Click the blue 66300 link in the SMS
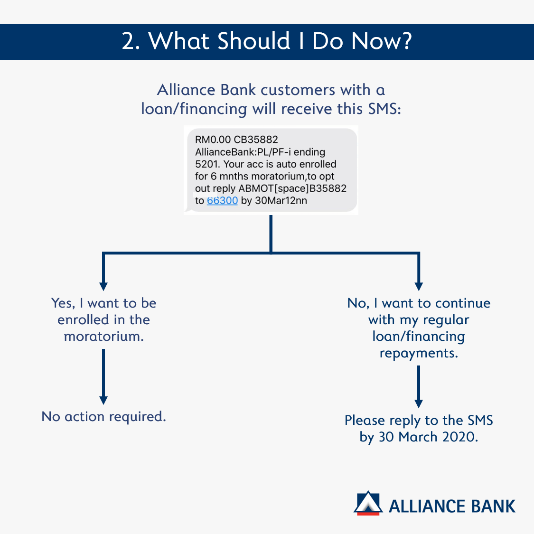(222, 201)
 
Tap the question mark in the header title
(406, 41)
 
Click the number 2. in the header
(131, 41)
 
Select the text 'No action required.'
(103, 416)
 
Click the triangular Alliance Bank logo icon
(368, 503)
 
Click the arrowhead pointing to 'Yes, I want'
(103, 286)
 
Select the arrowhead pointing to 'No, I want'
(419, 286)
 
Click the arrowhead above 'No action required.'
(103, 401)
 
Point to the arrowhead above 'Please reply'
(419, 403)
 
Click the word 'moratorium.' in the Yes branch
(104, 337)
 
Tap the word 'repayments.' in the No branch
(419, 354)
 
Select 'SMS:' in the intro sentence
(384, 109)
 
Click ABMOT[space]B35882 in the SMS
(292, 188)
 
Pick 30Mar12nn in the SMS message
(281, 201)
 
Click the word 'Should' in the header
(254, 41)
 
